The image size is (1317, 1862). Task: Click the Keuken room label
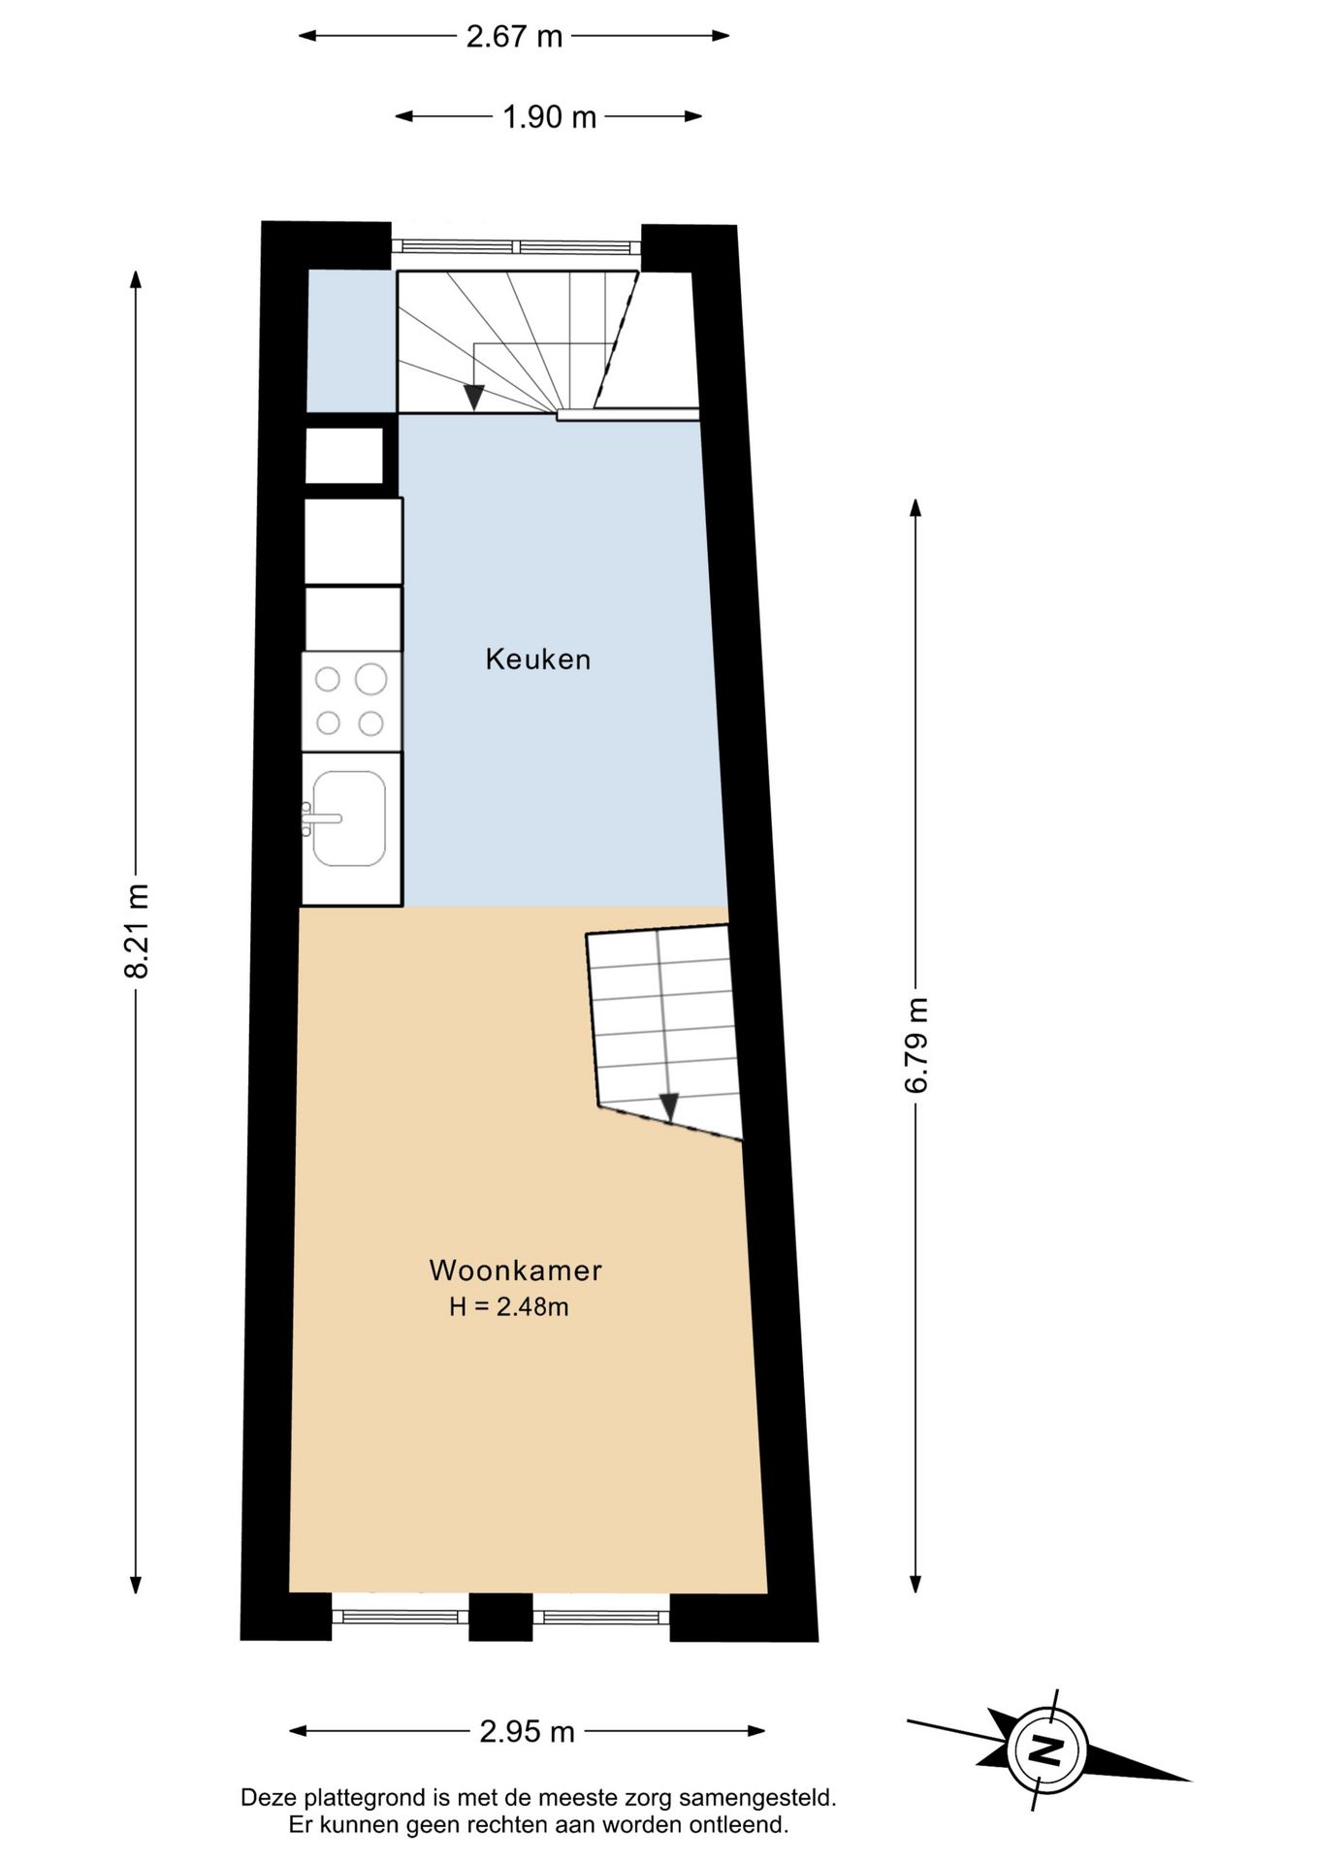(537, 659)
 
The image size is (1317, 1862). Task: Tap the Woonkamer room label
(515, 1269)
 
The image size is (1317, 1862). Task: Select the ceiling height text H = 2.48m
(508, 1306)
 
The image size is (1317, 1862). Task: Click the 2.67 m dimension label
(514, 37)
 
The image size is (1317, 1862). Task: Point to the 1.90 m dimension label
(549, 117)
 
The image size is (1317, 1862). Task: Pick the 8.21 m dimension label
(137, 930)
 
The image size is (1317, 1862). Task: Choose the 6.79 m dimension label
(916, 1044)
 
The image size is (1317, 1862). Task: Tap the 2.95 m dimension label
(527, 1730)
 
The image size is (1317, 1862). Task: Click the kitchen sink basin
(350, 819)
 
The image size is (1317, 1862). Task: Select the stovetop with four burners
(351, 701)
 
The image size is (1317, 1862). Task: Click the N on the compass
(1045, 1750)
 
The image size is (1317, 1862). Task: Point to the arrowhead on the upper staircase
(473, 397)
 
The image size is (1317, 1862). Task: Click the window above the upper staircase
(516, 246)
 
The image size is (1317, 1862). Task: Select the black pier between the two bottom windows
(500, 1617)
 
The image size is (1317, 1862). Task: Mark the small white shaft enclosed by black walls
(345, 455)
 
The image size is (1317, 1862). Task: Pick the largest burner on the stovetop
(370, 679)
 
